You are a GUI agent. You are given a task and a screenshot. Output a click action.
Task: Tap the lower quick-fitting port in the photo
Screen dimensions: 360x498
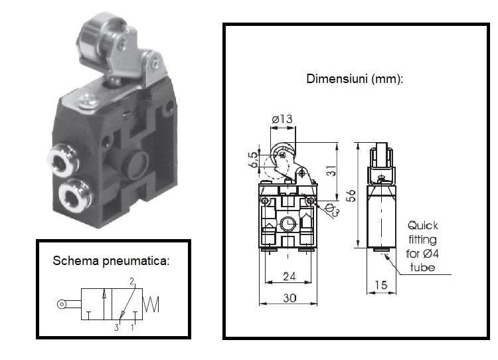pyautogui.click(x=69, y=196)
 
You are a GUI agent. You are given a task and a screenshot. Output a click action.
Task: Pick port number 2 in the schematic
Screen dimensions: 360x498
pyautogui.click(x=132, y=282)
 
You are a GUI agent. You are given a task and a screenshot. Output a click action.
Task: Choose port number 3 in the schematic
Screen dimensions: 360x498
pyautogui.click(x=116, y=327)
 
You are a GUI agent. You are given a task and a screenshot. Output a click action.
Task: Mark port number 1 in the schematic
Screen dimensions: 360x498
pyautogui.click(x=132, y=327)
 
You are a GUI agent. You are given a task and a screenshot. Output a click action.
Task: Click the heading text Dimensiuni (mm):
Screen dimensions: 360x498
pyautogui.click(x=355, y=78)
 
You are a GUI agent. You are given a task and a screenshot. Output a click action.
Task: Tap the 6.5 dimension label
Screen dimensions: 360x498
pyautogui.click(x=253, y=160)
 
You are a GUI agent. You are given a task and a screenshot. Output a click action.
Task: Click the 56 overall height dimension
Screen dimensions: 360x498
pyautogui.click(x=351, y=195)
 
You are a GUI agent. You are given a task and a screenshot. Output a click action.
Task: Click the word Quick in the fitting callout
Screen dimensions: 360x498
pyautogui.click(x=422, y=225)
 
